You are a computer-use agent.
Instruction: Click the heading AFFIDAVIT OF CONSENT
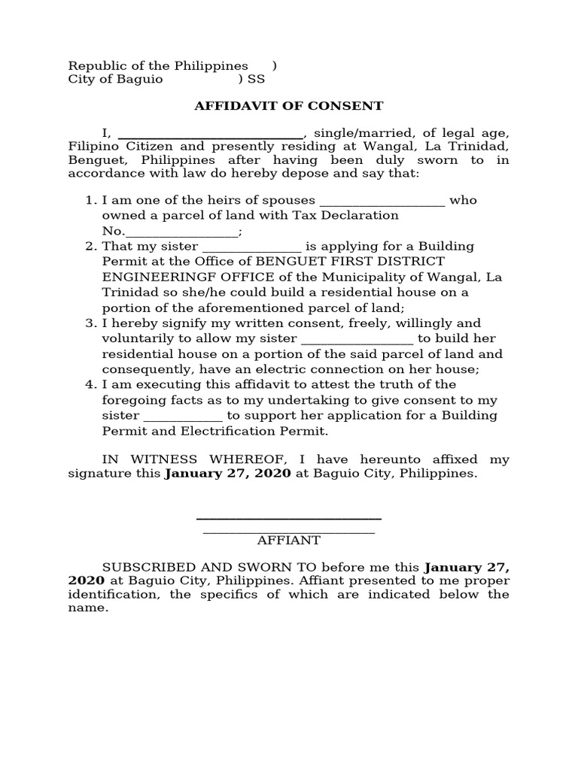(x=289, y=106)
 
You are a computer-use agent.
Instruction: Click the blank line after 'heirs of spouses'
(x=383, y=201)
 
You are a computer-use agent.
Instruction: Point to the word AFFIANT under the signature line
(x=289, y=540)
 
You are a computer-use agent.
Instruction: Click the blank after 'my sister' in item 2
(x=251, y=247)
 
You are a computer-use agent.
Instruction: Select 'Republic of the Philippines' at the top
(x=158, y=65)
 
